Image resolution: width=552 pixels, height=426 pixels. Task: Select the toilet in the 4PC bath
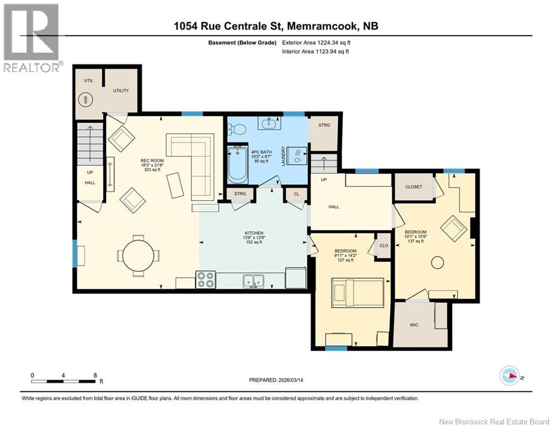pos(239,129)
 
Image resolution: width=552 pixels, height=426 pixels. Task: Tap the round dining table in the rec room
pos(138,256)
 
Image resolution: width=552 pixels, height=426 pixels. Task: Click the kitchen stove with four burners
pos(205,279)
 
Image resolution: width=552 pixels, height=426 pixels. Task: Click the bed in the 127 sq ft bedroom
pos(357,292)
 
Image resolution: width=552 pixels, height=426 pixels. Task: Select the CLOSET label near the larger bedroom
pos(413,187)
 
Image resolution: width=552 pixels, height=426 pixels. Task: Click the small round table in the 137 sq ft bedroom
pos(438,262)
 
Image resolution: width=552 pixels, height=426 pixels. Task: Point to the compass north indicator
pos(510,376)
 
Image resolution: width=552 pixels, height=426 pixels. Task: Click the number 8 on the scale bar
pos(95,375)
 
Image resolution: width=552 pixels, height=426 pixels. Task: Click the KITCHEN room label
pos(254,233)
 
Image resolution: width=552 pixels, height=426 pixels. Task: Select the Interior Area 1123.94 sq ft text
pos(315,52)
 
